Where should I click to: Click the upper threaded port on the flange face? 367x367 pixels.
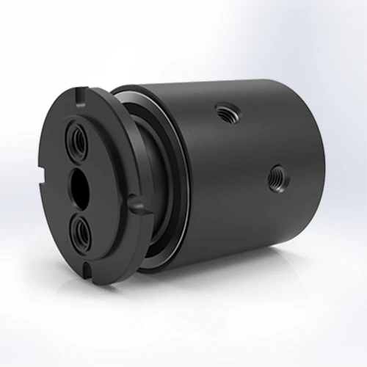tap(77, 137)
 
